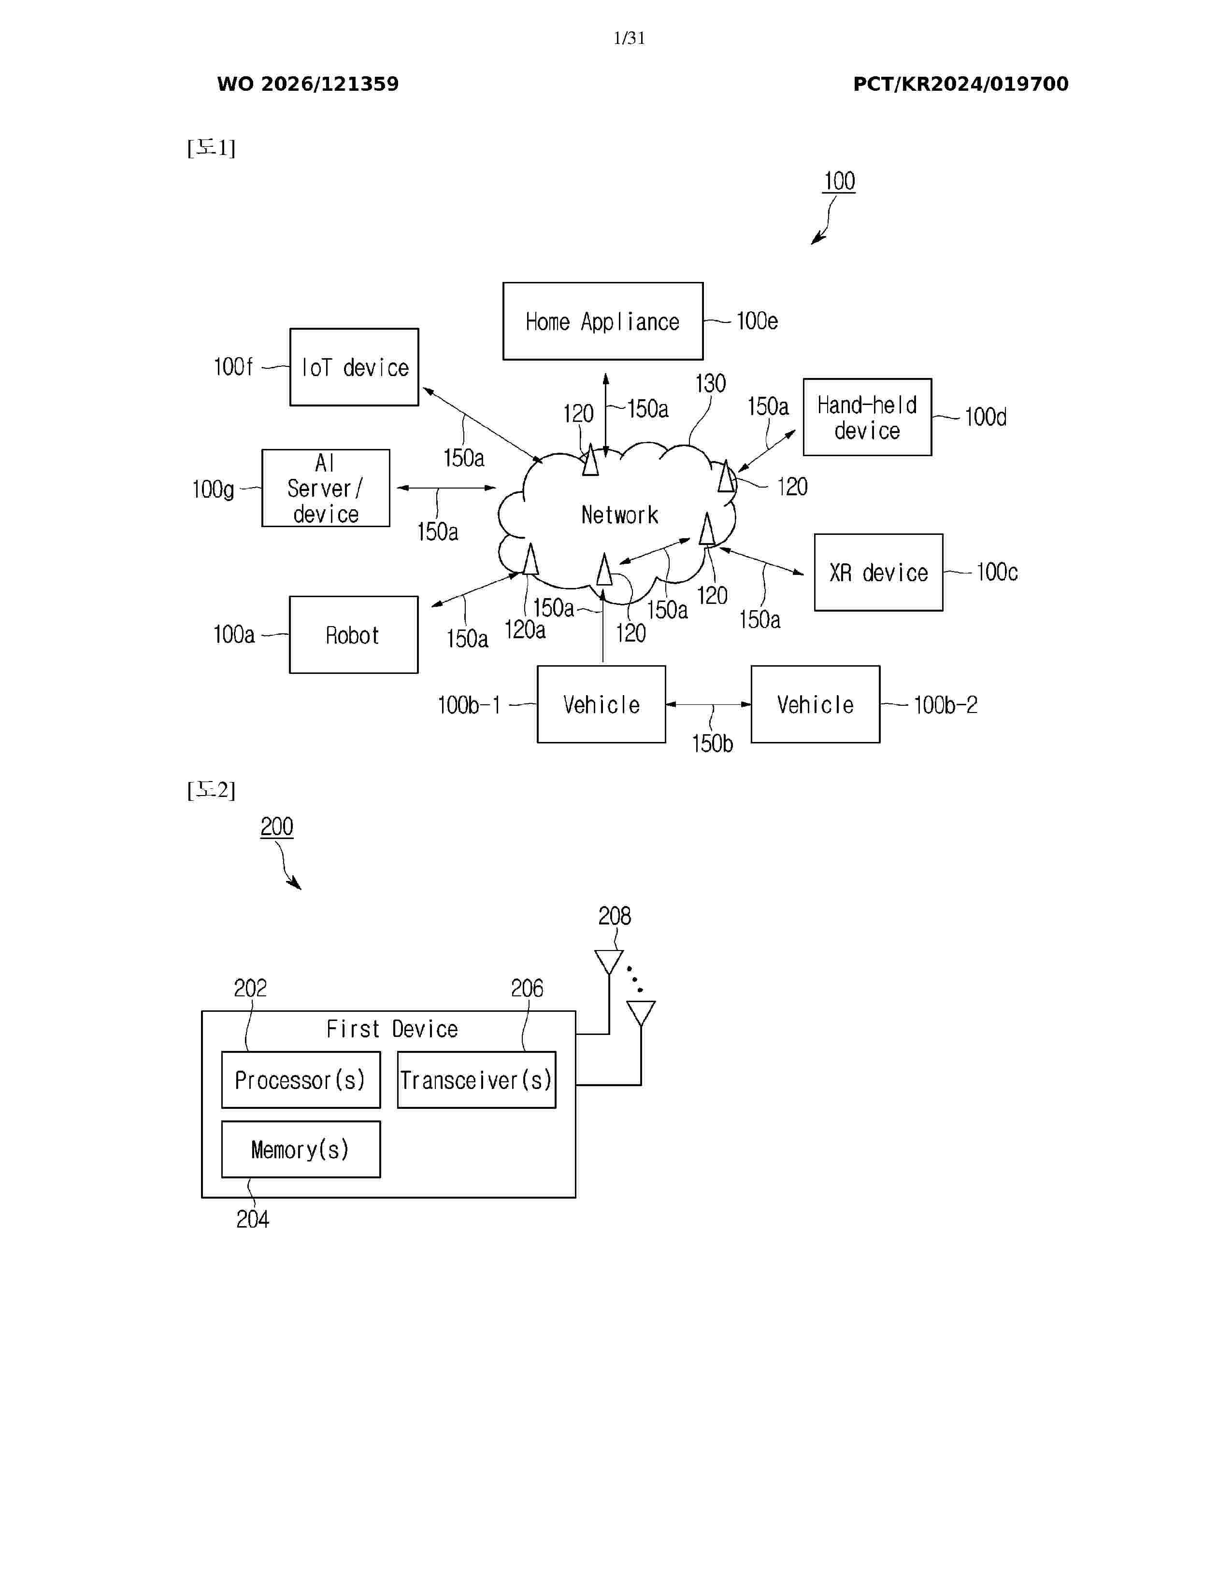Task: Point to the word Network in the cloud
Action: [x=620, y=515]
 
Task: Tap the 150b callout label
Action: [x=712, y=744]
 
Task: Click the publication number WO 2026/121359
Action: [x=308, y=84]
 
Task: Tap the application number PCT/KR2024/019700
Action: [x=960, y=84]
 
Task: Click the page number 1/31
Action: [x=629, y=38]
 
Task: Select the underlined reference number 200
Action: [x=277, y=827]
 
